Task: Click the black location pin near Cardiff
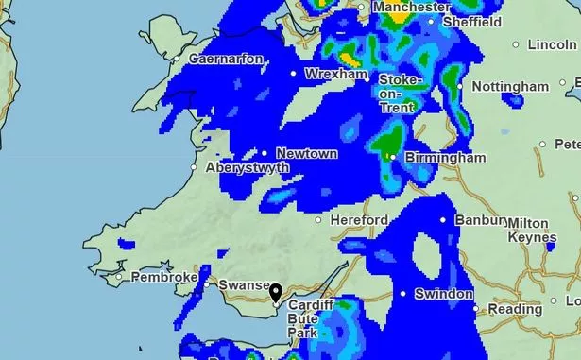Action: tap(276, 293)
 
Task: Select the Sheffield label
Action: tap(471, 21)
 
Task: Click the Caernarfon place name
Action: tap(227, 59)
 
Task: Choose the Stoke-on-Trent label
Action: tap(396, 94)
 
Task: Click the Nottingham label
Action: tap(510, 86)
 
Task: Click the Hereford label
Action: tap(359, 220)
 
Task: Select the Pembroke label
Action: tap(163, 278)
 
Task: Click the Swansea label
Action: tap(246, 284)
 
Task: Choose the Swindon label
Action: tap(443, 294)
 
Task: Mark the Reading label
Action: tap(515, 309)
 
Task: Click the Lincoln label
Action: tap(553, 43)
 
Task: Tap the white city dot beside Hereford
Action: tap(319, 220)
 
